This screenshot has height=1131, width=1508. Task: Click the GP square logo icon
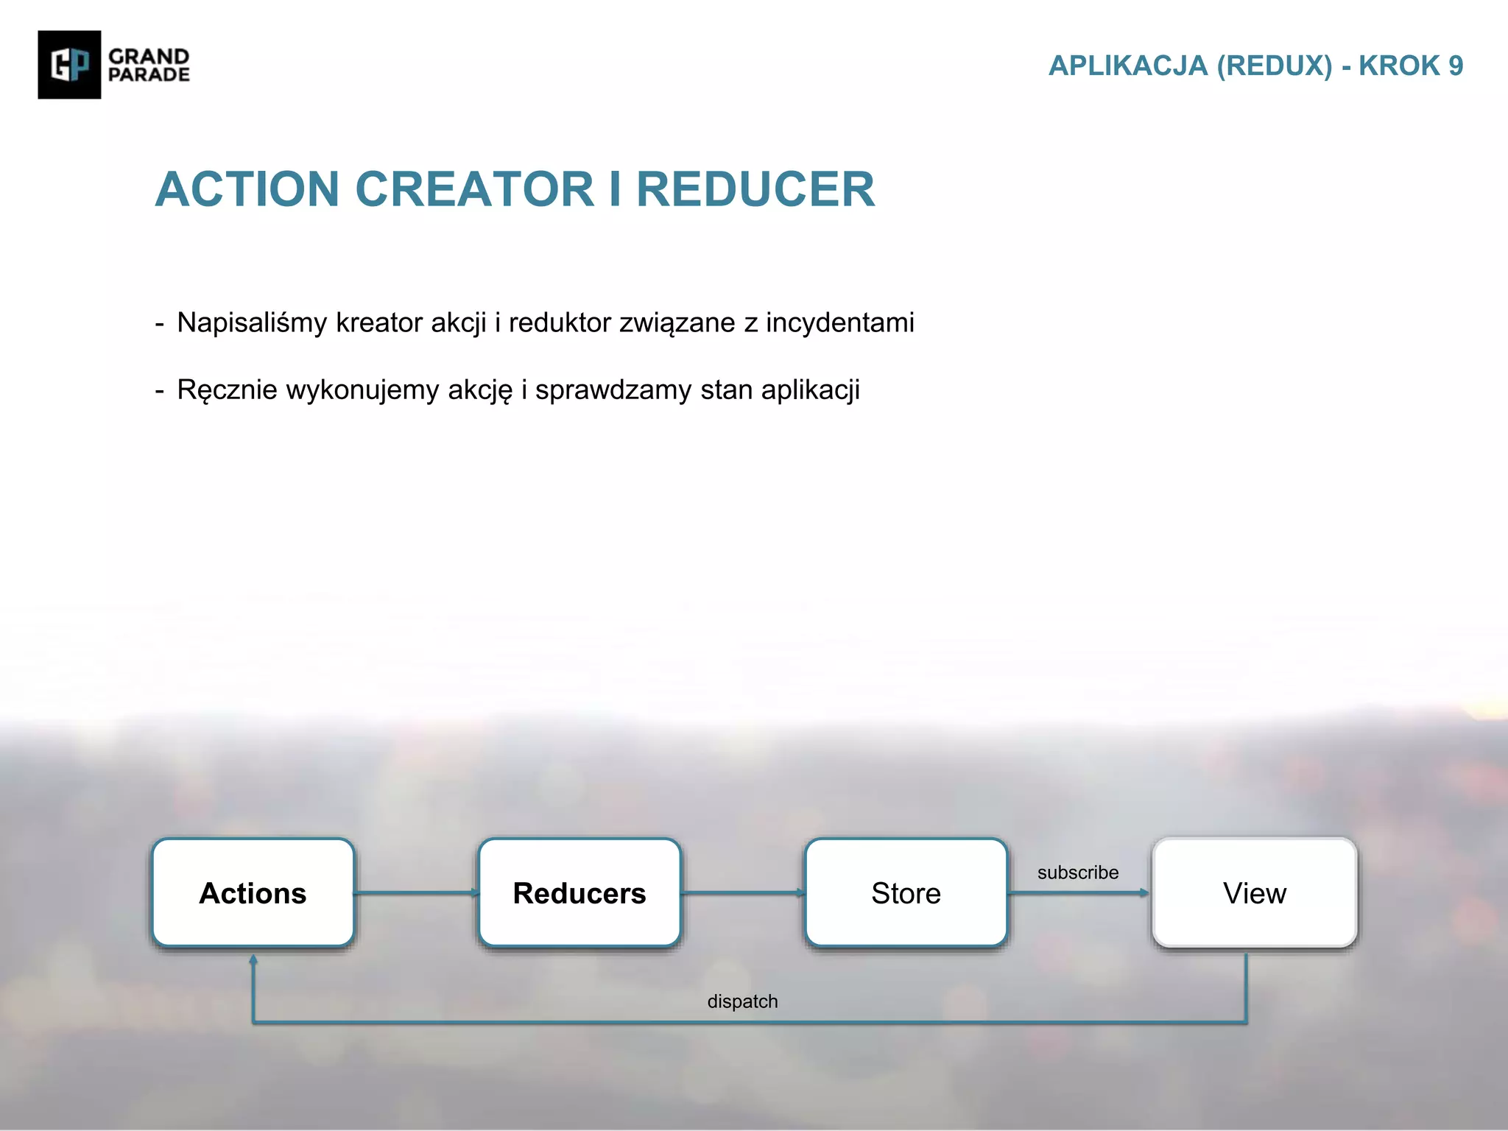point(69,65)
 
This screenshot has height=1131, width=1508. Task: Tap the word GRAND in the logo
point(149,56)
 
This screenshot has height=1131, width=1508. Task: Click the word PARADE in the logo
point(149,74)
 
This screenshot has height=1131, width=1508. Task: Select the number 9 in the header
point(1455,66)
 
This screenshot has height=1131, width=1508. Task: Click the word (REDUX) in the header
point(1274,66)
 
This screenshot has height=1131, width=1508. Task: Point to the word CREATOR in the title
point(474,190)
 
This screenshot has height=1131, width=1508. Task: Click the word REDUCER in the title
point(755,190)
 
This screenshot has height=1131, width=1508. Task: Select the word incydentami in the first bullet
point(839,323)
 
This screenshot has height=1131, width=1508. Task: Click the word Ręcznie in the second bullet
point(227,390)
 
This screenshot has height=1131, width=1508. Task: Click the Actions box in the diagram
point(253,892)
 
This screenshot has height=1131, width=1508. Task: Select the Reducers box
point(579,892)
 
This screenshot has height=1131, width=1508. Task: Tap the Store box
point(906,892)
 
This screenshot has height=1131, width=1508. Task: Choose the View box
point(1254,892)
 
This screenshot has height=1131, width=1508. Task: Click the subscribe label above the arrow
point(1077,873)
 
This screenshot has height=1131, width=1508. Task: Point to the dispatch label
point(742,1001)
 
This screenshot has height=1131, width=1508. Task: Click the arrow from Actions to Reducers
point(416,893)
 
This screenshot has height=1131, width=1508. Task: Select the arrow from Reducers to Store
point(742,893)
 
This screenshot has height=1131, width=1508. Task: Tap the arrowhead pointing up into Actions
point(253,960)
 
